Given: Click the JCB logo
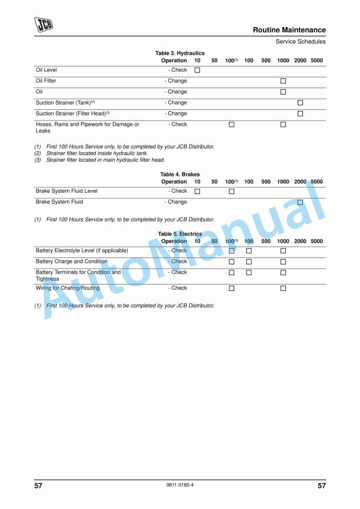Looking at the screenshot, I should (x=44, y=25).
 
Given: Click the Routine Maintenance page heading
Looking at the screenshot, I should (x=289, y=30).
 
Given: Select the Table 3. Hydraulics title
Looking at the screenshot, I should (x=180, y=53).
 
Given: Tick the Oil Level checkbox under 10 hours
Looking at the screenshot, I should (x=197, y=70).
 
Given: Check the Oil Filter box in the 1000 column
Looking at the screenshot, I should (x=283, y=81).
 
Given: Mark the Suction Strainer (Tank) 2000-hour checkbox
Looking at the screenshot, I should (x=300, y=103).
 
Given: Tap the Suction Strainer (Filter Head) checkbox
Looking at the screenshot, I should (x=300, y=113).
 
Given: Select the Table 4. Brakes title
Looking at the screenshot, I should (x=180, y=175).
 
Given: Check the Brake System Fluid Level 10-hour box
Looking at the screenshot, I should (x=197, y=191).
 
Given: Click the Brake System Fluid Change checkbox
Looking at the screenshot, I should (x=300, y=202).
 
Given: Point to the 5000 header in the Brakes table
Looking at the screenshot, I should (x=316, y=182).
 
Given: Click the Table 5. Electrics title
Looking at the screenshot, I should (x=180, y=234).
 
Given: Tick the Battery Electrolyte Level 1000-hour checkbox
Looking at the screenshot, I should (x=283, y=251).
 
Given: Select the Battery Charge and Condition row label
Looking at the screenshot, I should (x=72, y=262).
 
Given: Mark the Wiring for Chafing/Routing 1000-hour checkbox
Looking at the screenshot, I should (x=283, y=289).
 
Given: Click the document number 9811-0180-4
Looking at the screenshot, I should (x=180, y=485).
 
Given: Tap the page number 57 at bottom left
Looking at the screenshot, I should (x=38, y=485).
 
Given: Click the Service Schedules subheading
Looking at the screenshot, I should (x=300, y=42).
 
